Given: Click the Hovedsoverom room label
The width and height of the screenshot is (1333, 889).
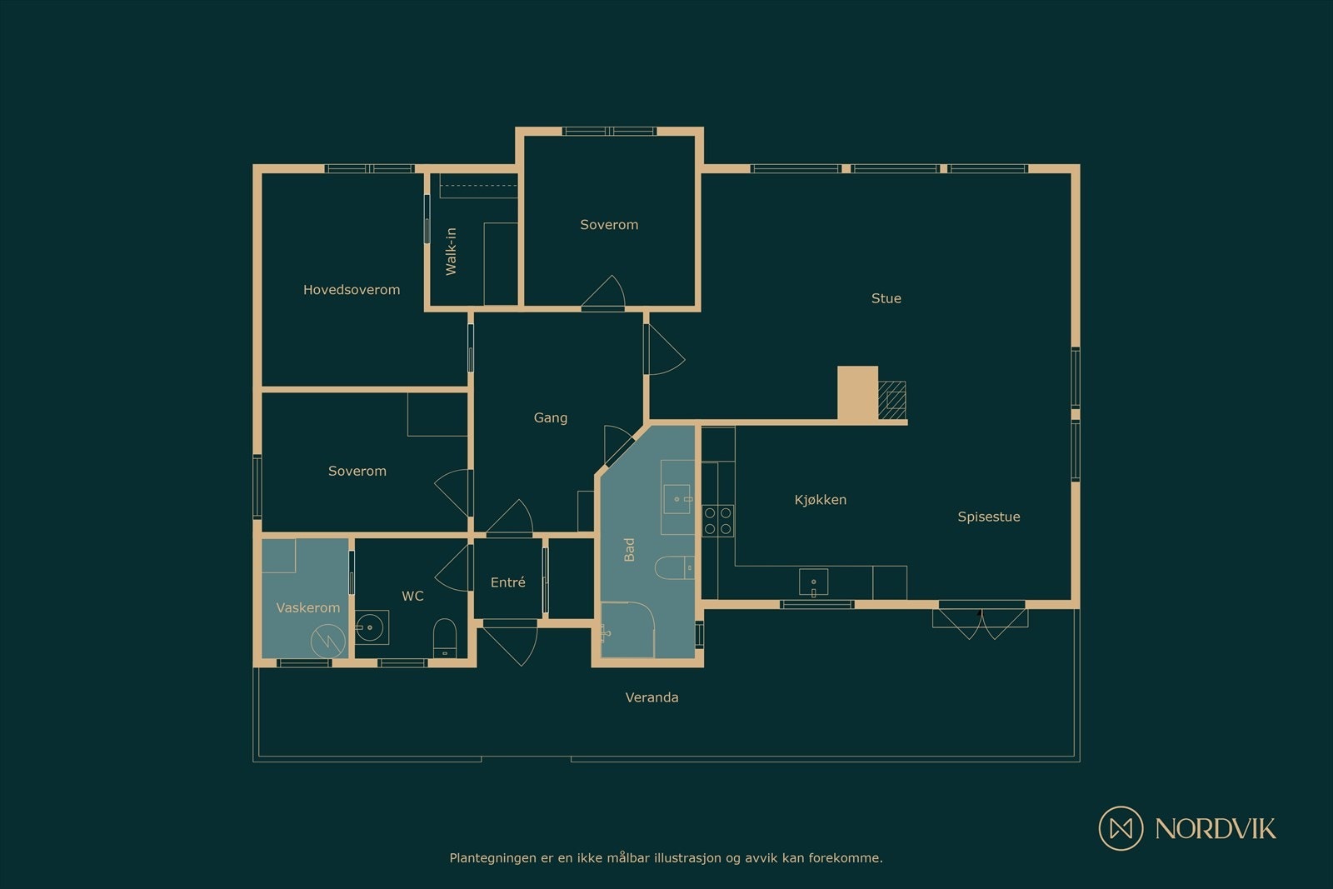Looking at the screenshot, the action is (351, 290).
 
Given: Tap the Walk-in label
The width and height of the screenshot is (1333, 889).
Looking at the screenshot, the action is (451, 251).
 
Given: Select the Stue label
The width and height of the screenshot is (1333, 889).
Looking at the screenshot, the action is (886, 298).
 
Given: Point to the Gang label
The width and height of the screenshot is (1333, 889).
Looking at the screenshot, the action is (551, 417).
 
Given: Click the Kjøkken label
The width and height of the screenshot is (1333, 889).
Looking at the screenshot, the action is (820, 500).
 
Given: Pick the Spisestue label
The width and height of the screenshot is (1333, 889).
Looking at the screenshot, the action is (988, 517).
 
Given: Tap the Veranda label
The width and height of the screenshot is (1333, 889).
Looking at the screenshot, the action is (652, 697).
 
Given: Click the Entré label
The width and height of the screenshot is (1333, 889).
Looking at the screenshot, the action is (507, 582).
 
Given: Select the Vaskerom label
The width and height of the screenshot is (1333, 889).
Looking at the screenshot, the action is (307, 607).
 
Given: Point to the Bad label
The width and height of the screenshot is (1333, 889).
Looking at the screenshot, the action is (629, 549).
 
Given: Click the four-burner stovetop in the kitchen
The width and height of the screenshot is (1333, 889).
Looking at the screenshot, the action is (717, 521).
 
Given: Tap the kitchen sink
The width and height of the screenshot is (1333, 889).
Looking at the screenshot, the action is (813, 582).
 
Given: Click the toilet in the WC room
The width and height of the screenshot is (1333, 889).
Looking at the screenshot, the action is (445, 638).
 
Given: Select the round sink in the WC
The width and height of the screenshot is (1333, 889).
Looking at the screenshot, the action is (370, 627).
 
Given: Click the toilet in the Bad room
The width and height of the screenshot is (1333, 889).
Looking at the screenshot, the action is (674, 567).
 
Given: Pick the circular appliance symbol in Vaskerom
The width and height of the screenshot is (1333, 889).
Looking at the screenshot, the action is (328, 640).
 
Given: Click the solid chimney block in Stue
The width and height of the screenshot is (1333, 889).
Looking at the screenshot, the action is (857, 392).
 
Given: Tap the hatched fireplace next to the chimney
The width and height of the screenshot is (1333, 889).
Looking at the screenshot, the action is (892, 401).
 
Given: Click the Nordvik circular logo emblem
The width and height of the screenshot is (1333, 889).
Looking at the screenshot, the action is (1121, 828).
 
